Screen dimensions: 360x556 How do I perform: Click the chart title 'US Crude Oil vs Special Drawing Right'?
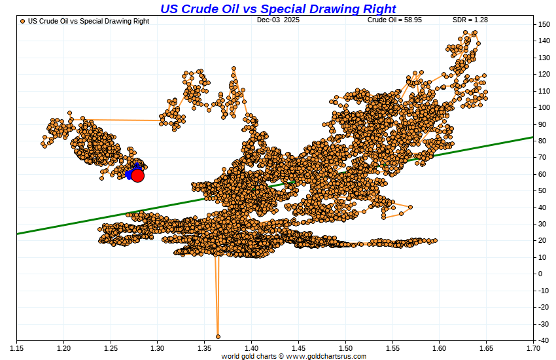[278, 9]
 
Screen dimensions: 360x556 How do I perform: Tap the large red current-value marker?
[137, 175]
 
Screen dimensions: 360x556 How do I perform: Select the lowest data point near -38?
[218, 336]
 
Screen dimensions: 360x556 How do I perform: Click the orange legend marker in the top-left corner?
[23, 21]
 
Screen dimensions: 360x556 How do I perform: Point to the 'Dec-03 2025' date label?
[278, 20]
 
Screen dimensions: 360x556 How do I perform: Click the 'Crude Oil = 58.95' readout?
[394, 20]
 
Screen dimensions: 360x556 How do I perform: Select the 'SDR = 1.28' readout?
[470, 20]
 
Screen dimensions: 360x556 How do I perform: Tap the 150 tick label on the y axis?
[544, 24]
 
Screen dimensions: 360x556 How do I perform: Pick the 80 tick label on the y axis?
[543, 141]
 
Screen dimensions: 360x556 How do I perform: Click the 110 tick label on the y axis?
[544, 91]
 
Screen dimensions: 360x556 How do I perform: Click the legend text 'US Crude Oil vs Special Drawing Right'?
[88, 21]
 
